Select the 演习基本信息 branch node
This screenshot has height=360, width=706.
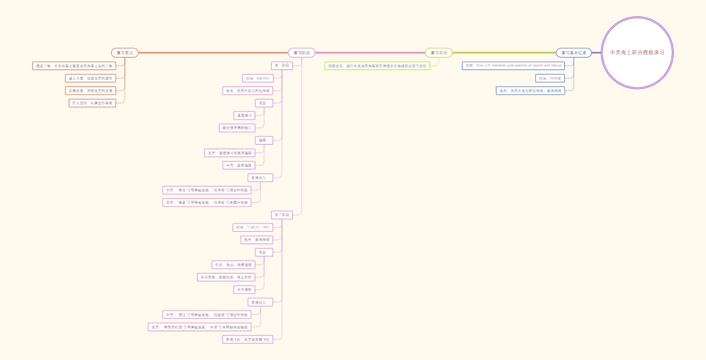tap(574, 53)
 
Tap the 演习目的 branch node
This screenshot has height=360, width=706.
tap(439, 53)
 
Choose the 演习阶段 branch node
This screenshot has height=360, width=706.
tap(302, 53)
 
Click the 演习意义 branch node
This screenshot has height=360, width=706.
tap(125, 53)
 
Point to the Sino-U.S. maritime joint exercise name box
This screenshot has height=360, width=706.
tap(514, 65)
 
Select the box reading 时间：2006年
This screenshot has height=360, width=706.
tap(550, 78)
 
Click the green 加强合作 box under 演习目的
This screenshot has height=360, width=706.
tap(377, 66)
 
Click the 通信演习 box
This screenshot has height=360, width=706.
tap(244, 115)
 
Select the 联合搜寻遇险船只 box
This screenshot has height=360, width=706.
tap(237, 128)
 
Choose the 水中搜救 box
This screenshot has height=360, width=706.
tap(244, 289)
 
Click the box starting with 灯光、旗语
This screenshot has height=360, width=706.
tap(234, 265)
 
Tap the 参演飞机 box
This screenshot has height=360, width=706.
tap(248, 339)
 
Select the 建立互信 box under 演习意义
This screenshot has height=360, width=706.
tap(91, 78)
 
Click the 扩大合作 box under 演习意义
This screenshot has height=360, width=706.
tap(92, 103)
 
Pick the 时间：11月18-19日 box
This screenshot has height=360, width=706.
tap(253, 227)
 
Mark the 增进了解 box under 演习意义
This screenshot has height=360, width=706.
tap(74, 66)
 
